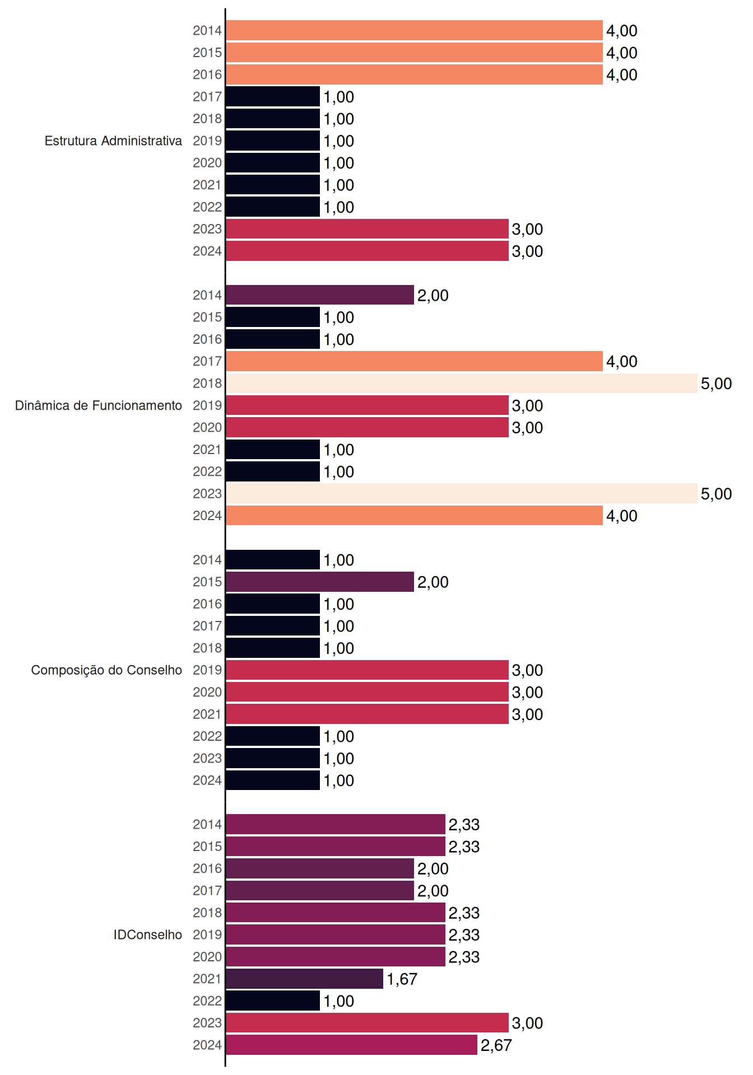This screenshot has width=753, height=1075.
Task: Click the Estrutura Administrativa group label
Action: pyautogui.click(x=113, y=141)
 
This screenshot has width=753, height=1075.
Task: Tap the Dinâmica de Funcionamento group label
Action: pyautogui.click(x=99, y=405)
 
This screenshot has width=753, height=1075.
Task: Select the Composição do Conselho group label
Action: pyautogui.click(x=106, y=670)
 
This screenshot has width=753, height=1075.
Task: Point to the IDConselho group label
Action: pyautogui.click(x=148, y=934)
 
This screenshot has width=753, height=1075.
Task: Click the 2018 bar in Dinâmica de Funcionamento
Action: pyautogui.click(x=462, y=384)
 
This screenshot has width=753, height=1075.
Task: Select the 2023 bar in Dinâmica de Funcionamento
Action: pyautogui.click(x=462, y=493)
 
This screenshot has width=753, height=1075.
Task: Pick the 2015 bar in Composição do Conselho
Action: pyautogui.click(x=320, y=582)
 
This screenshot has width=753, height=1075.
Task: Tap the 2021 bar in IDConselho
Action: pyautogui.click(x=305, y=979)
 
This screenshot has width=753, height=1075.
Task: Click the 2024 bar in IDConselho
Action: pyautogui.click(x=352, y=1045)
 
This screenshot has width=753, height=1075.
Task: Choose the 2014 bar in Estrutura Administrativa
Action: pyautogui.click(x=415, y=30)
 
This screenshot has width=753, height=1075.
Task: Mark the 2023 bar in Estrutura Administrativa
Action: pyautogui.click(x=368, y=229)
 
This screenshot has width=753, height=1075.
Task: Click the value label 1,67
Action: pyautogui.click(x=402, y=979)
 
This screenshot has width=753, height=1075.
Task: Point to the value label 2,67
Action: pyautogui.click(x=496, y=1045)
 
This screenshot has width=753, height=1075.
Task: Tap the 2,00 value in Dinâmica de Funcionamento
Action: pyautogui.click(x=433, y=296)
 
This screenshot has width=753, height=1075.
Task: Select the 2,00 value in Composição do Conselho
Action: pyautogui.click(x=433, y=582)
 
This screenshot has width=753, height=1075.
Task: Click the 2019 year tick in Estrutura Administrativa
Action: pyautogui.click(x=207, y=141)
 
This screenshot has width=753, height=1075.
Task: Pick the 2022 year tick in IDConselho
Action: pyautogui.click(x=207, y=1001)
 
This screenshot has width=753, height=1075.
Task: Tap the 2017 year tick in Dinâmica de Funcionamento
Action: pyautogui.click(x=207, y=361)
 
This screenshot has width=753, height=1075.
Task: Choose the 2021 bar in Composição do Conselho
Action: pyautogui.click(x=368, y=714)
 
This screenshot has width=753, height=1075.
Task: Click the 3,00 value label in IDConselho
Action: pyautogui.click(x=528, y=1023)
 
